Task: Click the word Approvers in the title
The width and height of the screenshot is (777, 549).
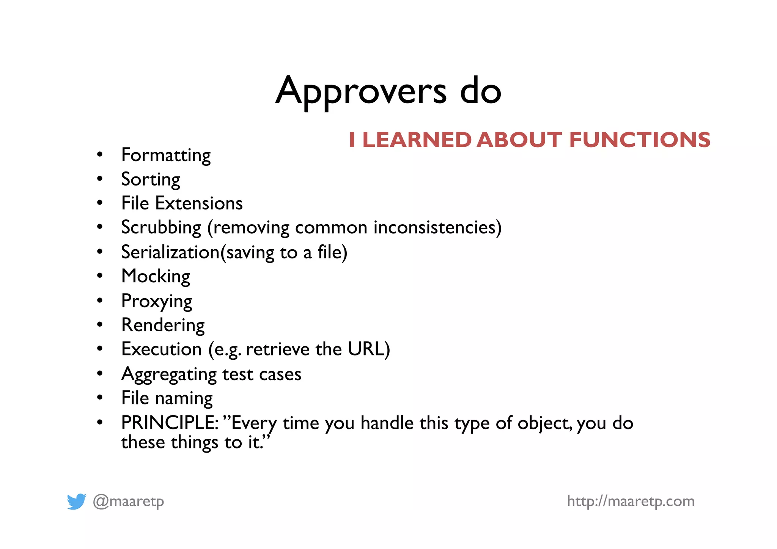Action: (x=361, y=91)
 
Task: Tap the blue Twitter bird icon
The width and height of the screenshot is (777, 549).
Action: (x=77, y=501)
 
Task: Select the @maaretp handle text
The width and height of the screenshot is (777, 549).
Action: (x=128, y=501)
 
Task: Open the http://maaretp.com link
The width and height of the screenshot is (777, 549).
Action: (x=631, y=501)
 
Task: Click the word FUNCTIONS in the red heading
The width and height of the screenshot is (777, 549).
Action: (x=640, y=140)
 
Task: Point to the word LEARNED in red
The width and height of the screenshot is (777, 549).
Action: (x=417, y=140)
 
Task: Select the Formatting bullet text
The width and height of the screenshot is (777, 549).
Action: (x=166, y=155)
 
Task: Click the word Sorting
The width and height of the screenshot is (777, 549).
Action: (x=151, y=179)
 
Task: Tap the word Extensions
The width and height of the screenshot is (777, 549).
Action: (x=199, y=203)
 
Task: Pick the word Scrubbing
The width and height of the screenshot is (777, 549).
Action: (x=161, y=228)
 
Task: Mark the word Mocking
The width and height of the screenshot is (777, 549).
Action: (x=156, y=276)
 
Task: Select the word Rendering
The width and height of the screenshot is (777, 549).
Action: (x=163, y=325)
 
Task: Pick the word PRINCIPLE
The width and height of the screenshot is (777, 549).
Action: (x=169, y=423)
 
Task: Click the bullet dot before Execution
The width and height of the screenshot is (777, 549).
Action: (x=100, y=349)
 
